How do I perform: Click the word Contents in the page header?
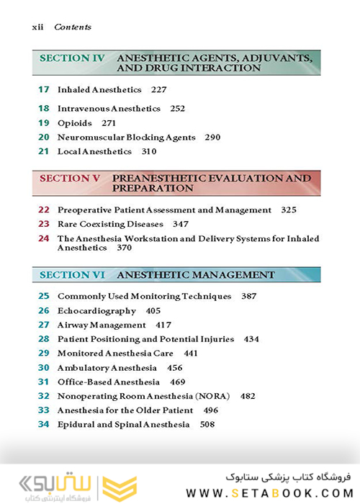click(x=73, y=27)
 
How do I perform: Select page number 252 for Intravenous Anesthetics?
click(x=178, y=109)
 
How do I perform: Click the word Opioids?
click(x=75, y=123)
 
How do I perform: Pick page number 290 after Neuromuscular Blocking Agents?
click(x=212, y=138)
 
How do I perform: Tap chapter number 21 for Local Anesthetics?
click(x=43, y=152)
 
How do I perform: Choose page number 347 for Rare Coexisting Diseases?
click(x=185, y=225)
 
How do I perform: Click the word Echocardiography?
click(x=96, y=311)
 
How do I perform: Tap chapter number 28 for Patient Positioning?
click(x=43, y=339)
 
